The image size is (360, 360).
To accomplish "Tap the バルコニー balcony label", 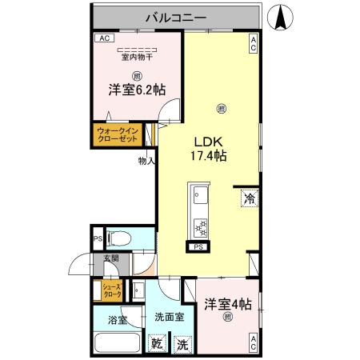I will [177, 16].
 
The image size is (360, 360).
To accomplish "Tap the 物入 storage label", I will [146, 160].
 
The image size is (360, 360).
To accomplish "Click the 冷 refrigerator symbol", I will [249, 197].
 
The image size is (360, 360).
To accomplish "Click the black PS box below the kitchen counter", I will [197, 247].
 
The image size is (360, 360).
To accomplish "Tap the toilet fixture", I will [119, 238].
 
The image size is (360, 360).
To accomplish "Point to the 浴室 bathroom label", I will [117, 320].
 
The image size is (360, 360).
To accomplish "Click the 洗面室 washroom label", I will [169, 317].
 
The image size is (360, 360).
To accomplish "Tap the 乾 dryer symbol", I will [158, 345].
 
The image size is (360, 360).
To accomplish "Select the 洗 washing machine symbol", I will [183, 345].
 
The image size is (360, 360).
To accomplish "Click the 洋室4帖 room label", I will [227, 304].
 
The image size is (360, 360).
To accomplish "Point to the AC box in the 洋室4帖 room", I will [253, 345].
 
